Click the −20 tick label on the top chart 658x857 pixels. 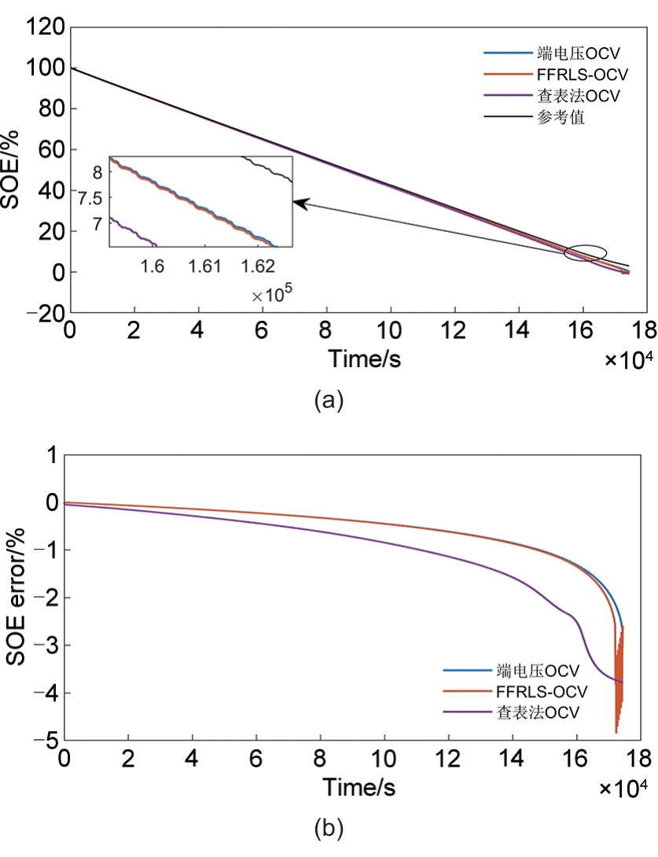(x=43, y=314)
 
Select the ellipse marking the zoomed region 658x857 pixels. (x=586, y=253)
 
